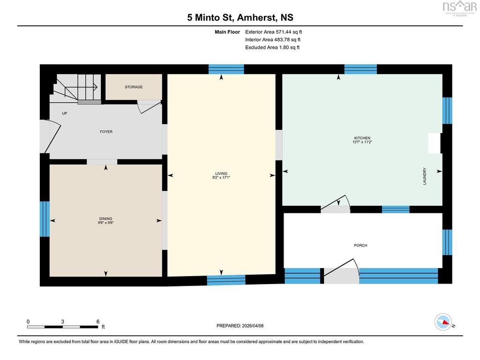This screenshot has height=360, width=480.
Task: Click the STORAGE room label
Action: coord(134,87)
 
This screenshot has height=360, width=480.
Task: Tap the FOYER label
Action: coord(106,132)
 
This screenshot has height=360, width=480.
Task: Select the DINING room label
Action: coord(105,218)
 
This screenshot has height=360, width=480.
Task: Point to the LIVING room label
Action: coord(221,173)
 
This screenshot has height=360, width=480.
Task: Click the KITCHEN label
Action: coord(362,138)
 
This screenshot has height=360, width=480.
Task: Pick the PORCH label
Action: coord(360,245)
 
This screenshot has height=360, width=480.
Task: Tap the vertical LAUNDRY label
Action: coord(425,176)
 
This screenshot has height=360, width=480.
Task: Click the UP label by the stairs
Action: coord(64,113)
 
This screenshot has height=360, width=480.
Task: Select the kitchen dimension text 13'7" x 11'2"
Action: coord(362,142)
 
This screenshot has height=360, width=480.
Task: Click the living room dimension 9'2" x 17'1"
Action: coord(221,177)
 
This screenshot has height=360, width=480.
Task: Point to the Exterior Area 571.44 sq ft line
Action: coord(273,32)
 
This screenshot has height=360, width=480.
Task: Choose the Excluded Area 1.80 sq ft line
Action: coord(272,47)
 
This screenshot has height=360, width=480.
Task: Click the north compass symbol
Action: coord(443,322)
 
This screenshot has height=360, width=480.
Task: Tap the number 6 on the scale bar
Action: coord(98,322)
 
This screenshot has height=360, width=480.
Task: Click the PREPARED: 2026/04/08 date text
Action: coord(240,326)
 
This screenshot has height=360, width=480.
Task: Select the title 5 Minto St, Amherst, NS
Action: coord(240,17)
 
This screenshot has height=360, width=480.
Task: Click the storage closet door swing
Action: coord(149,107)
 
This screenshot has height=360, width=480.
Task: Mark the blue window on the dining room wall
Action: coord(45,219)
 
